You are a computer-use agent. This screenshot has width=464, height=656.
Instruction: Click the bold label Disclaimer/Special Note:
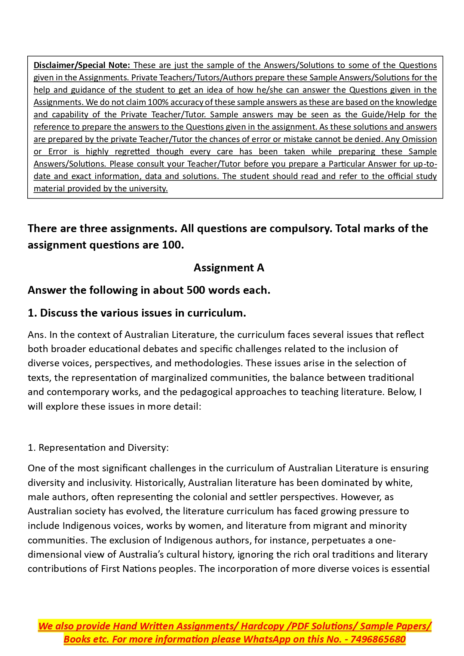click(82, 65)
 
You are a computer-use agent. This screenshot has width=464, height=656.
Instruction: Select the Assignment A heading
click(229, 268)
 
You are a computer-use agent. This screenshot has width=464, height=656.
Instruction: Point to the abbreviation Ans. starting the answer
click(37, 335)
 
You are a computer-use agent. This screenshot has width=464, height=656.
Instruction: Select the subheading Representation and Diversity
click(103, 447)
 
